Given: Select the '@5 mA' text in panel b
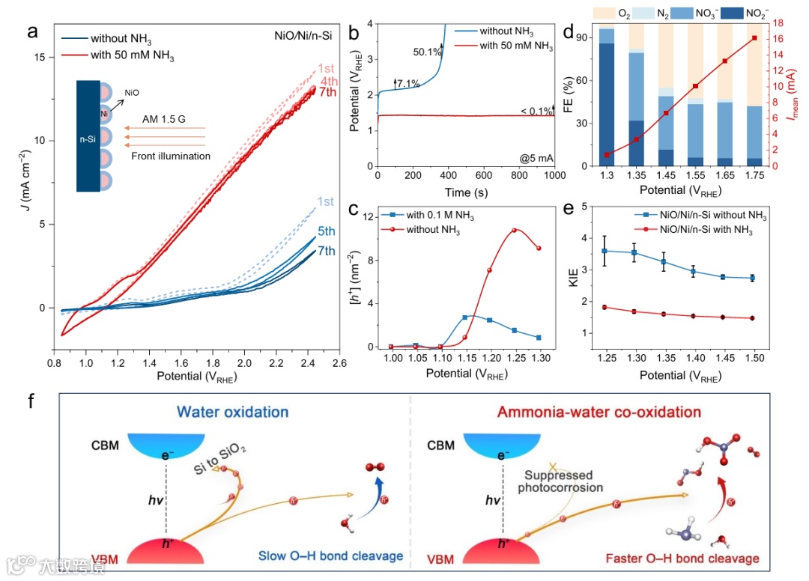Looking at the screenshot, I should [x=535, y=157].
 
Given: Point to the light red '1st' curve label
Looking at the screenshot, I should [x=327, y=68].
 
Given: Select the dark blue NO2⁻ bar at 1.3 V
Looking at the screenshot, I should [x=606, y=105].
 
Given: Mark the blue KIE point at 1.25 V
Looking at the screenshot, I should [x=605, y=251].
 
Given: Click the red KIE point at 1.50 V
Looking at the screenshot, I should [x=752, y=318].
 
